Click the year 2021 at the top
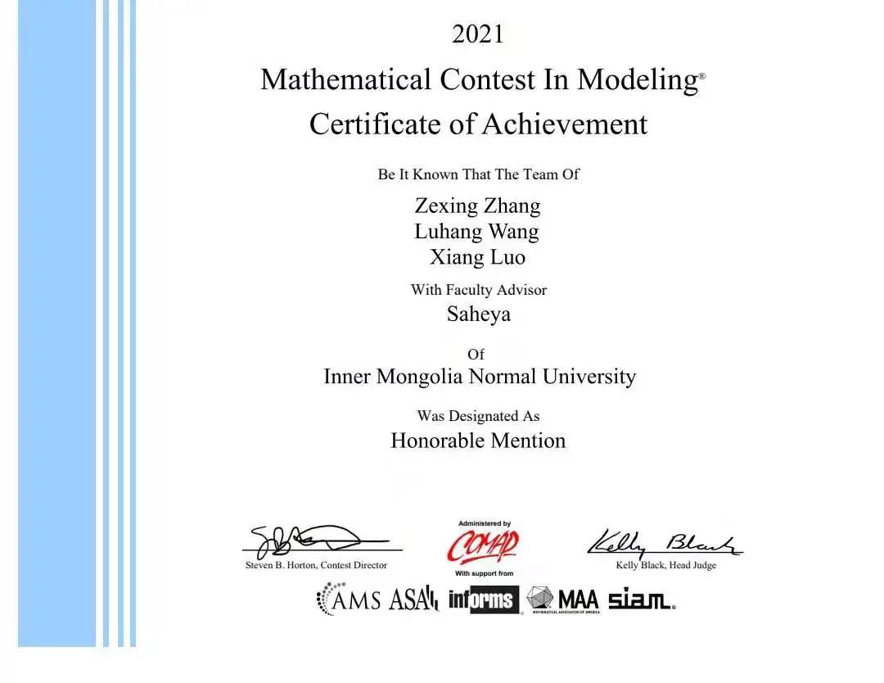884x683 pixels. tap(478, 34)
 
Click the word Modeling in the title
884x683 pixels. tap(636, 79)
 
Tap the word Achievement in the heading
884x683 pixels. tap(564, 124)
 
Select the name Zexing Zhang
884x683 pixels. tap(477, 205)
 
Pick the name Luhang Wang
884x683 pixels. tap(476, 231)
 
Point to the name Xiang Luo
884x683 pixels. tap(477, 257)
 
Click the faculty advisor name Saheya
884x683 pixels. tap(478, 314)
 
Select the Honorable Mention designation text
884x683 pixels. tap(478, 441)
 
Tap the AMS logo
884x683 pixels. tap(349, 599)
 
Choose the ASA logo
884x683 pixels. tap(414, 599)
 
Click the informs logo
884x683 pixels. tap(484, 600)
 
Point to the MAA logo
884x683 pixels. tap(564, 599)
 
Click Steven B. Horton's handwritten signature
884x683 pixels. tap(311, 541)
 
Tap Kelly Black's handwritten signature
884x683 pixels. tap(664, 542)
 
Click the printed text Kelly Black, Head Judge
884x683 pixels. tap(665, 566)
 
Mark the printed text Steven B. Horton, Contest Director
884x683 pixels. tap(316, 565)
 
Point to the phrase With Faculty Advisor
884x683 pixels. tap(478, 290)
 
